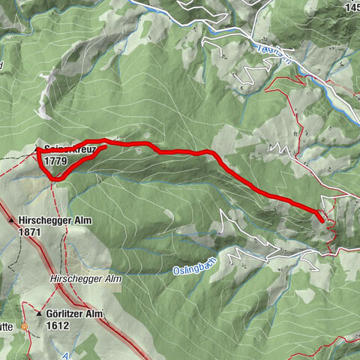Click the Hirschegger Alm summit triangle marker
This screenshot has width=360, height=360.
pos(11,221)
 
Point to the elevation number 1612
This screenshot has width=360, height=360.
pos(56,325)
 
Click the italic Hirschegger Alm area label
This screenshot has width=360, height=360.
pos(85,278)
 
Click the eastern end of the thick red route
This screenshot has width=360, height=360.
pos(322,221)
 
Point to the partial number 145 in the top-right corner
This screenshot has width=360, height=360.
pos(349,7)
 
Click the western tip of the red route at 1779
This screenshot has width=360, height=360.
pos(37,151)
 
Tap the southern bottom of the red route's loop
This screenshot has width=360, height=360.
pos(55,179)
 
